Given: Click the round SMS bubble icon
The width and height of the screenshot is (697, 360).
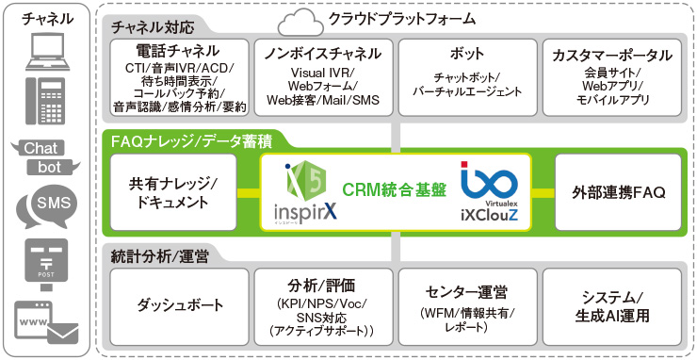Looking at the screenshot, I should point(48,205).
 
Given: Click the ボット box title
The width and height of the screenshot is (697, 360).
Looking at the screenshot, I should point(466,55).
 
